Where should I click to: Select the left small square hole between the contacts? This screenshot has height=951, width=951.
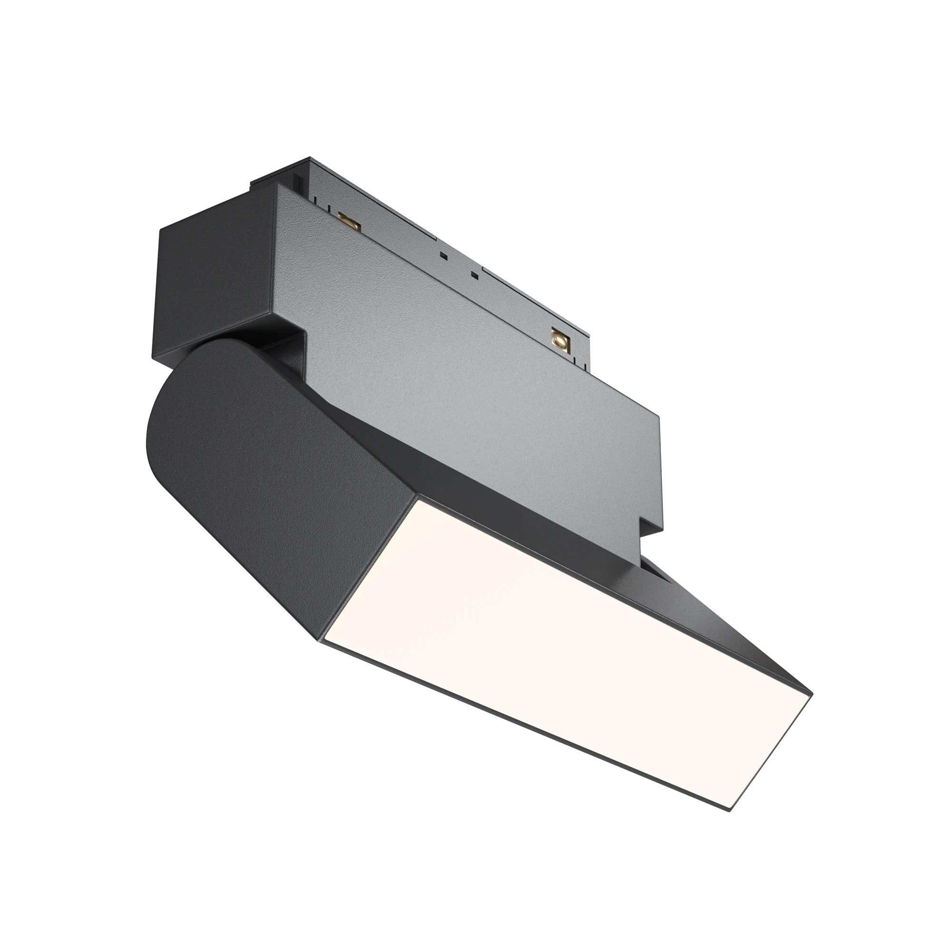444,256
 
